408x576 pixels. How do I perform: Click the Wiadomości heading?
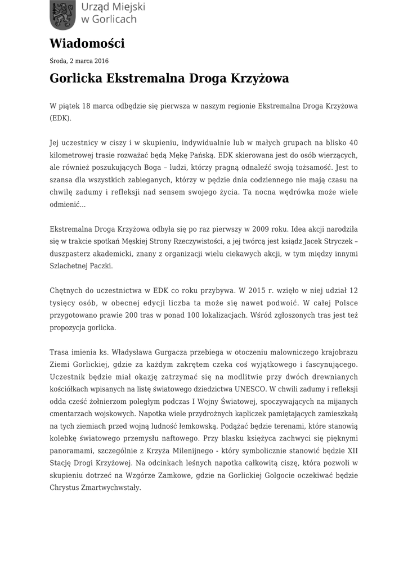[x=87, y=43]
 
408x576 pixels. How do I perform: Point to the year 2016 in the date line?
[x=101, y=61]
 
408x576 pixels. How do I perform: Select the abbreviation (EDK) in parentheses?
[x=61, y=119]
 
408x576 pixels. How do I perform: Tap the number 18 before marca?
[x=87, y=105]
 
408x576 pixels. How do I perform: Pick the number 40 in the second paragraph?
[x=353, y=142]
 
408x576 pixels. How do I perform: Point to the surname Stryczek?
[x=336, y=241]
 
